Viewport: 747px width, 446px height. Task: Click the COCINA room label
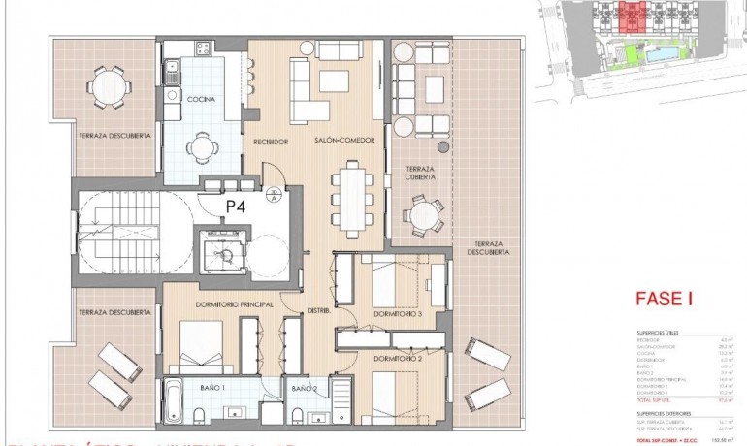[201, 100]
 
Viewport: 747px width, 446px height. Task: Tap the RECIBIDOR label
[272, 142]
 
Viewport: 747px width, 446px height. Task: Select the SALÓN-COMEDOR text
[339, 142]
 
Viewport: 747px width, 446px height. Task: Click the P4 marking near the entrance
[236, 206]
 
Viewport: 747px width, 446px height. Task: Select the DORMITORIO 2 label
[396, 359]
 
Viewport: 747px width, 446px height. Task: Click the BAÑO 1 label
[211, 388]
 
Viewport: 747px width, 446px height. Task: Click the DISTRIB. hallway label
[319, 311]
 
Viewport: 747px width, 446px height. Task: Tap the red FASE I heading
[664, 300]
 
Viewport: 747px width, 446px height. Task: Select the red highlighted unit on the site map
[634, 17]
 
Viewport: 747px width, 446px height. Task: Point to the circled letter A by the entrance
[275, 201]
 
